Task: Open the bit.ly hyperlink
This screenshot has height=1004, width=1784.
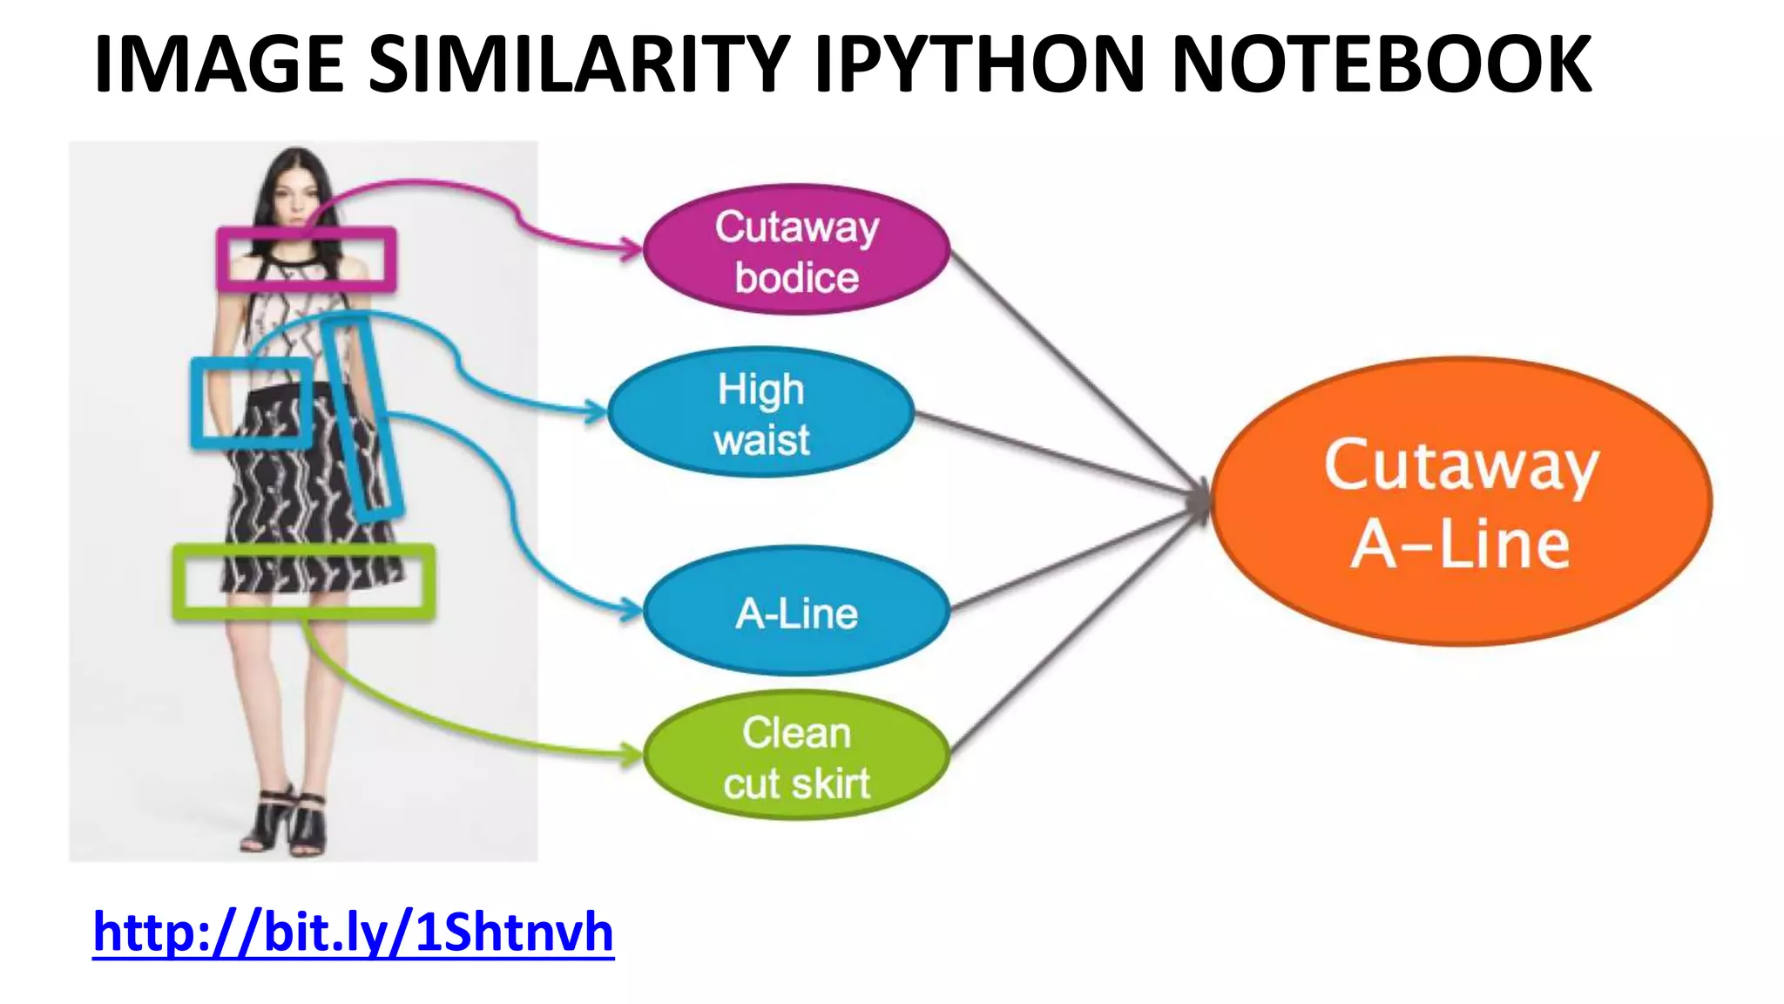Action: click(353, 933)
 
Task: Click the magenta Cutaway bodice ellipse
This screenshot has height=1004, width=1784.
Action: click(796, 250)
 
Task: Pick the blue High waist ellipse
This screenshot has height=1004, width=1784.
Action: click(760, 413)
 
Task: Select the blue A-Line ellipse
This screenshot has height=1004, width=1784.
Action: click(796, 612)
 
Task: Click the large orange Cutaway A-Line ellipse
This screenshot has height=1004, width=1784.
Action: click(1461, 502)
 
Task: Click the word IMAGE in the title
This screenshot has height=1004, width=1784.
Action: click(218, 64)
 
